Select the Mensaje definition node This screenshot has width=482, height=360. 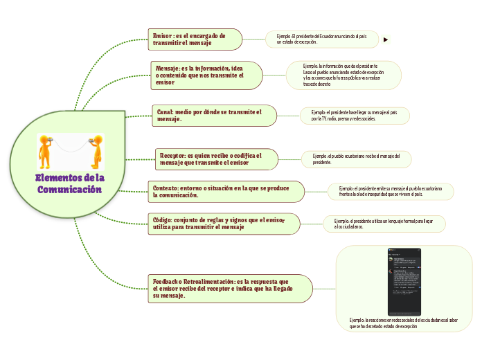coord(206,75)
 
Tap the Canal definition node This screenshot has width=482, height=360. coord(213,116)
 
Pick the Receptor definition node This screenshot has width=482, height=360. coord(215,159)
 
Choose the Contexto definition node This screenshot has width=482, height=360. coord(226,191)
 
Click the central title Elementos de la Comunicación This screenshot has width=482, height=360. coord(69,184)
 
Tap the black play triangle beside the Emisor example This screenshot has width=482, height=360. coord(385,40)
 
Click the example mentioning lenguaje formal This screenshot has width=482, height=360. coord(384,223)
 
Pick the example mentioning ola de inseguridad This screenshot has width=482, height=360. coord(390,191)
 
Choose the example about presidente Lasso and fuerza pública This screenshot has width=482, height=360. coord(344,75)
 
